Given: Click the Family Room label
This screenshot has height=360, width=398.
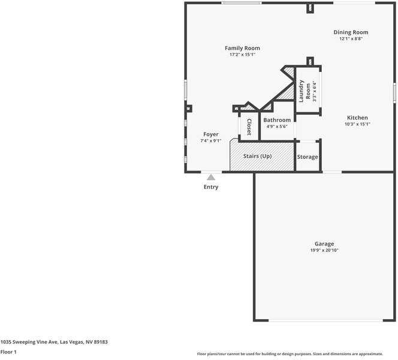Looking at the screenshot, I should (x=242, y=48).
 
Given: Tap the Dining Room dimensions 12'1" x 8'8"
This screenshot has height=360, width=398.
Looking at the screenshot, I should (x=351, y=39).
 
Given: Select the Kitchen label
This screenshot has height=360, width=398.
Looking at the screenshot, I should (x=357, y=118).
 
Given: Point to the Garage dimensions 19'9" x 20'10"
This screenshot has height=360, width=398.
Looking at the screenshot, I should (x=324, y=250).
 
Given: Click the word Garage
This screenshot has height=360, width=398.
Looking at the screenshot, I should (x=324, y=244).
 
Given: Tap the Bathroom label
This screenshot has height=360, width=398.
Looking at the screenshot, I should (x=277, y=120).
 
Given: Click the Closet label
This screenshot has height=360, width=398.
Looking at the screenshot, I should (x=249, y=127).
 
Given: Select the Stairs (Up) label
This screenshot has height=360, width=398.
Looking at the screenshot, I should (x=257, y=156).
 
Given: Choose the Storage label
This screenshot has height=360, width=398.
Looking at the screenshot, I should (x=307, y=157).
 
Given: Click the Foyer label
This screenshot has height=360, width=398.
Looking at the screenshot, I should (x=210, y=134).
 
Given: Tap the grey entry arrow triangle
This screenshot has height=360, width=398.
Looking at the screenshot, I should (x=211, y=177).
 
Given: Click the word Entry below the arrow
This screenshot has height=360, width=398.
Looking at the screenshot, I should (x=211, y=187).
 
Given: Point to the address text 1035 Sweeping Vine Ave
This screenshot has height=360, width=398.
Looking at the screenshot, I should (x=54, y=341).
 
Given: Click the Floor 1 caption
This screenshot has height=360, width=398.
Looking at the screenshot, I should (x=8, y=352).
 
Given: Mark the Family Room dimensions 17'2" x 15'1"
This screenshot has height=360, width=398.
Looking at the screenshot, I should (x=242, y=55).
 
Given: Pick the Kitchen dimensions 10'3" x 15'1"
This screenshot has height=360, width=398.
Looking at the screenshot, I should (x=357, y=124).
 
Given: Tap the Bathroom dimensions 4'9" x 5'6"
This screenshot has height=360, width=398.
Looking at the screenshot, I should (x=277, y=127).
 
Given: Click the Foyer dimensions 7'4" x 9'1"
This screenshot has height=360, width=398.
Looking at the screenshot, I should (x=210, y=141).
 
